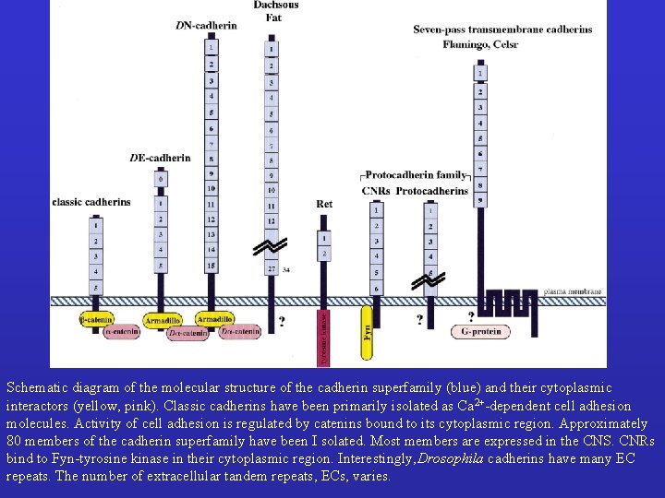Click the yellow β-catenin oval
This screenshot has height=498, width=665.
[96, 319]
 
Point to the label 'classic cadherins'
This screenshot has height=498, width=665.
[91, 202]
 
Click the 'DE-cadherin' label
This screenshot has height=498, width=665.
[160, 158]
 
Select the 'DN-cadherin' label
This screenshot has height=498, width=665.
[206, 25]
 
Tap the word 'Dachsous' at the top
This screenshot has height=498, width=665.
[273, 6]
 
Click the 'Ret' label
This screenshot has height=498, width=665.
[323, 204]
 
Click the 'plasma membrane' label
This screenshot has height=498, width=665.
[573, 291]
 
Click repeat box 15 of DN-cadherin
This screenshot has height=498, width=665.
[212, 266]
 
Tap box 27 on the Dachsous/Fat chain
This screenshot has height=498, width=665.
[271, 268]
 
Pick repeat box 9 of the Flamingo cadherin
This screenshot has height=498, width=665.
[479, 199]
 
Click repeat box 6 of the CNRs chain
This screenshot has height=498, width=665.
[375, 289]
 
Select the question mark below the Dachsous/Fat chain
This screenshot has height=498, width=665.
[281, 323]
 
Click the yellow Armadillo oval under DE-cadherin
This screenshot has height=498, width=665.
[163, 321]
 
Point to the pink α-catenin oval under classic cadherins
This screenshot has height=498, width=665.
[119, 332]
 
